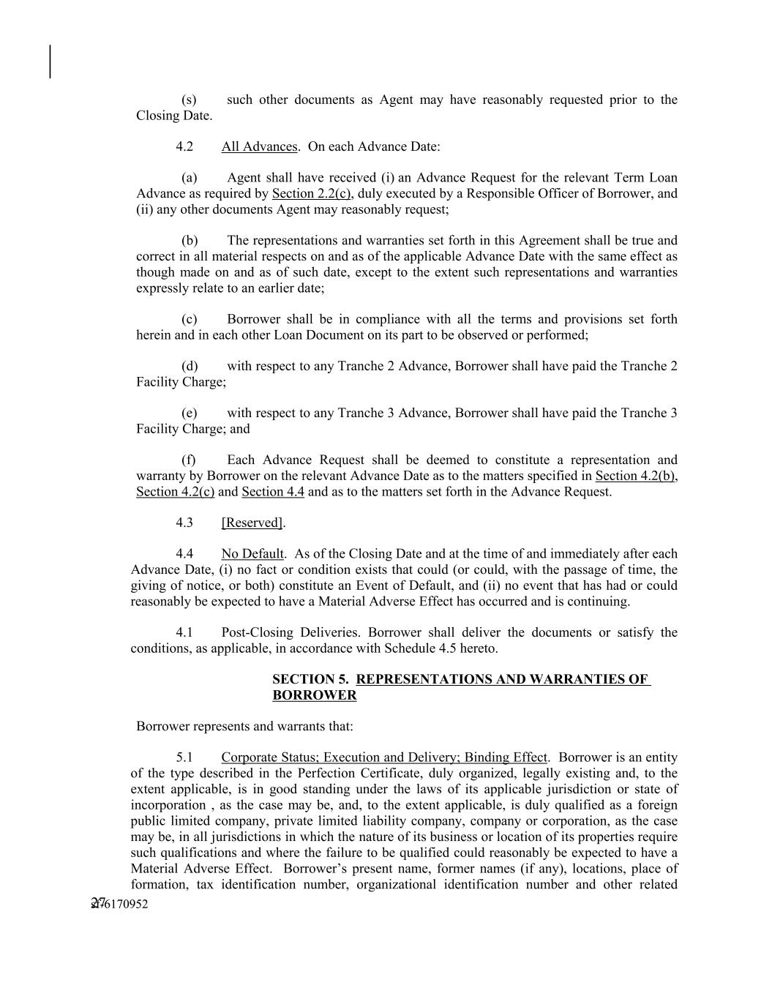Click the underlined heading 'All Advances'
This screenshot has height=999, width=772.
(259, 146)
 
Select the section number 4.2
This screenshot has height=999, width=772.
(184, 146)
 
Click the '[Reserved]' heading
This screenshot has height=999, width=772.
(252, 523)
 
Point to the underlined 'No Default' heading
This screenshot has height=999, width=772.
(252, 554)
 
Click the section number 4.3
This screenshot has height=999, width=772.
(184, 523)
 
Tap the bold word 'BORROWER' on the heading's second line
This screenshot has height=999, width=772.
(315, 695)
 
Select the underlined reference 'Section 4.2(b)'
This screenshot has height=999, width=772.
(635, 476)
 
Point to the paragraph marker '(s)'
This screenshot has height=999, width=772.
(189, 100)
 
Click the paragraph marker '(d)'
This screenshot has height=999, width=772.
(190, 366)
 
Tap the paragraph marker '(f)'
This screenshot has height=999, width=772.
(189, 460)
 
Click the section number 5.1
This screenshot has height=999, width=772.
(184, 757)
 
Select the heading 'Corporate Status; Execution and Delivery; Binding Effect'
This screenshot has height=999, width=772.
(384, 757)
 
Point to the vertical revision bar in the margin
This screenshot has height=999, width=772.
(50, 61)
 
